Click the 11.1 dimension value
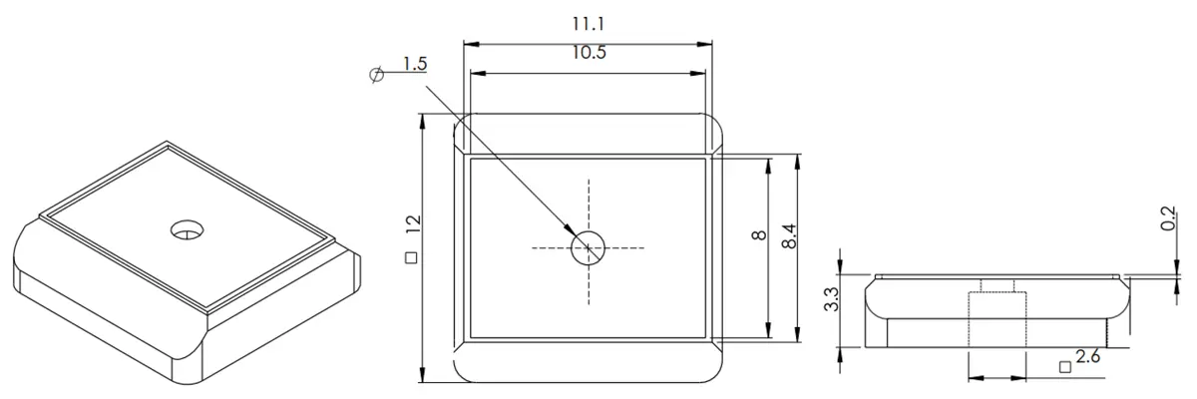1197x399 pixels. [x=589, y=24]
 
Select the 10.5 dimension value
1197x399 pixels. [x=589, y=52]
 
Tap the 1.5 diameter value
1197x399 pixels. [x=415, y=64]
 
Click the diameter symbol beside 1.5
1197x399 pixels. [x=377, y=74]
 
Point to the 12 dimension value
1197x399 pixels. [x=414, y=223]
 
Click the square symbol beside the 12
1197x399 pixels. [x=411, y=257]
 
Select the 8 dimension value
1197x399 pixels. [x=759, y=235]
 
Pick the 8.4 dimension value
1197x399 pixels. [x=789, y=235]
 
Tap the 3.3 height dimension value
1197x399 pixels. [x=832, y=299]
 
